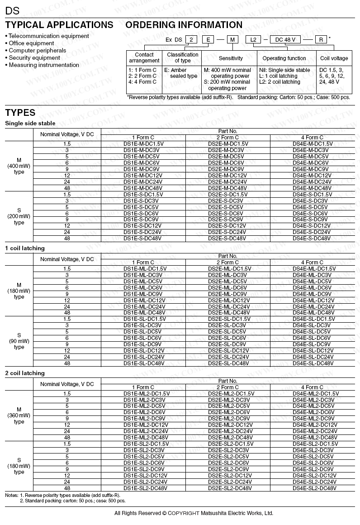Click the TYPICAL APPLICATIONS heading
pyautogui.click(x=59, y=25)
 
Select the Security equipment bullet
pyautogui.click(x=34, y=58)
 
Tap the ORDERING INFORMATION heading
pyautogui.click(x=184, y=25)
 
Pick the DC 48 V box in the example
pyautogui.click(x=286, y=40)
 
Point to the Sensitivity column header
pyautogui.click(x=231, y=58)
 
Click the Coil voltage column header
pyautogui.click(x=334, y=58)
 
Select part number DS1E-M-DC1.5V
pyautogui.click(x=143, y=144)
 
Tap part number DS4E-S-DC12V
pyautogui.click(x=312, y=226)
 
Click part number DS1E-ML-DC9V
pyautogui.click(x=143, y=294)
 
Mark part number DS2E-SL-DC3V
pyautogui.click(x=227, y=325)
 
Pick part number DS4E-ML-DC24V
pyautogui.click(x=312, y=307)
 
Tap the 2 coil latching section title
pyautogui.click(x=25, y=373)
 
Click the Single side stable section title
pyautogui.click(x=30, y=124)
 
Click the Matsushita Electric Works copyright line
pyautogui.click(x=194, y=513)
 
